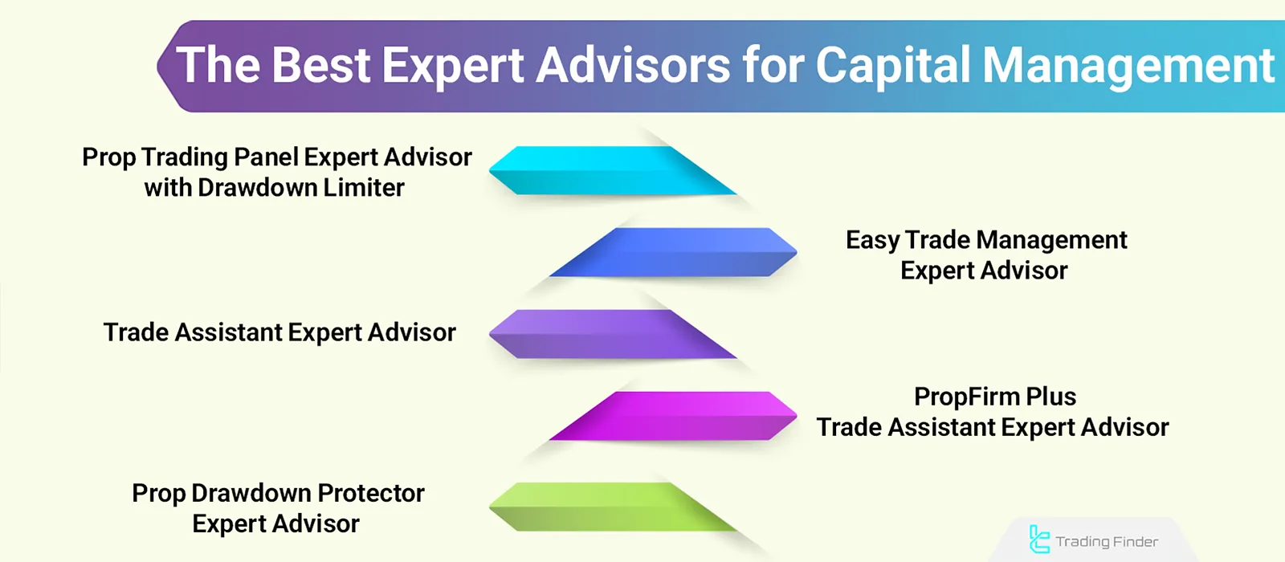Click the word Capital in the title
(893, 66)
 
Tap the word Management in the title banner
(1128, 66)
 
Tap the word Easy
(872, 240)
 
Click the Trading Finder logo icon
(1038, 540)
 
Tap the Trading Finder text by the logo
(1107, 542)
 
